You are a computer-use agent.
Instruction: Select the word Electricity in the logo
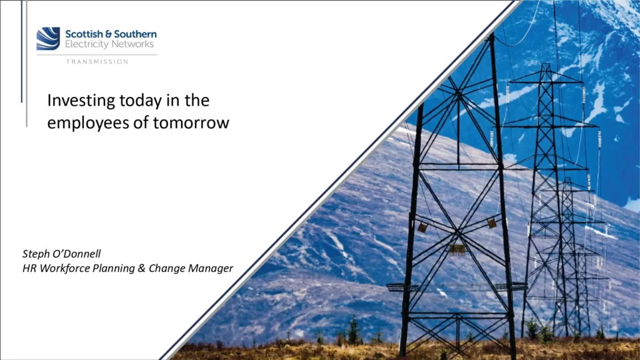point(86,44)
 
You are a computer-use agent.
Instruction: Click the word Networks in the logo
point(132,44)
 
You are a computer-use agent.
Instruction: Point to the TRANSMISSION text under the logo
point(97,61)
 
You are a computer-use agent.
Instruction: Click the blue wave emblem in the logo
point(48,39)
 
